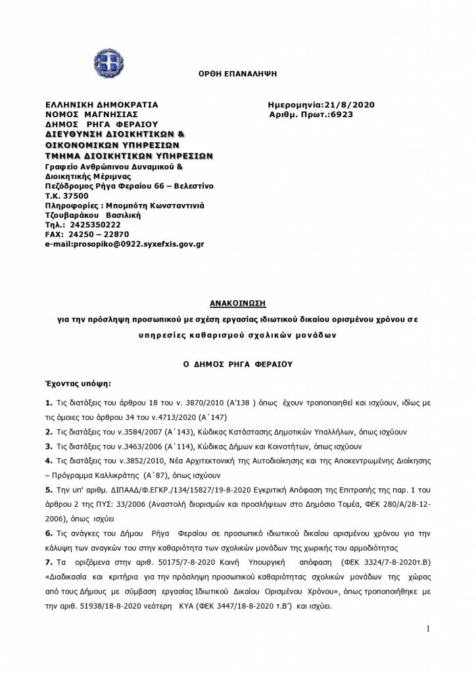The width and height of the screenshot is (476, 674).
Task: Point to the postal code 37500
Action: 75,196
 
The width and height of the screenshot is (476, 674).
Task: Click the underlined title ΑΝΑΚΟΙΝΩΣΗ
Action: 237,303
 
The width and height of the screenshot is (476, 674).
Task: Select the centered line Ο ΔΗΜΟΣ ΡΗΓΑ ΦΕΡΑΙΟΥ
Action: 237,363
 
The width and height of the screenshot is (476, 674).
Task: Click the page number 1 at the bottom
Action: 427,629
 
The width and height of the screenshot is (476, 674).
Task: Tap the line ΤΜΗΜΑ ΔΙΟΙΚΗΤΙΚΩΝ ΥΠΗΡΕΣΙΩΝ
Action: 129,156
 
